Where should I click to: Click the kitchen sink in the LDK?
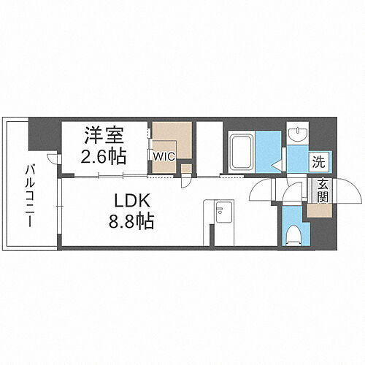click(220, 211)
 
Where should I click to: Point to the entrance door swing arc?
click(349, 191)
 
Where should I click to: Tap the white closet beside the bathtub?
click(210, 149)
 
